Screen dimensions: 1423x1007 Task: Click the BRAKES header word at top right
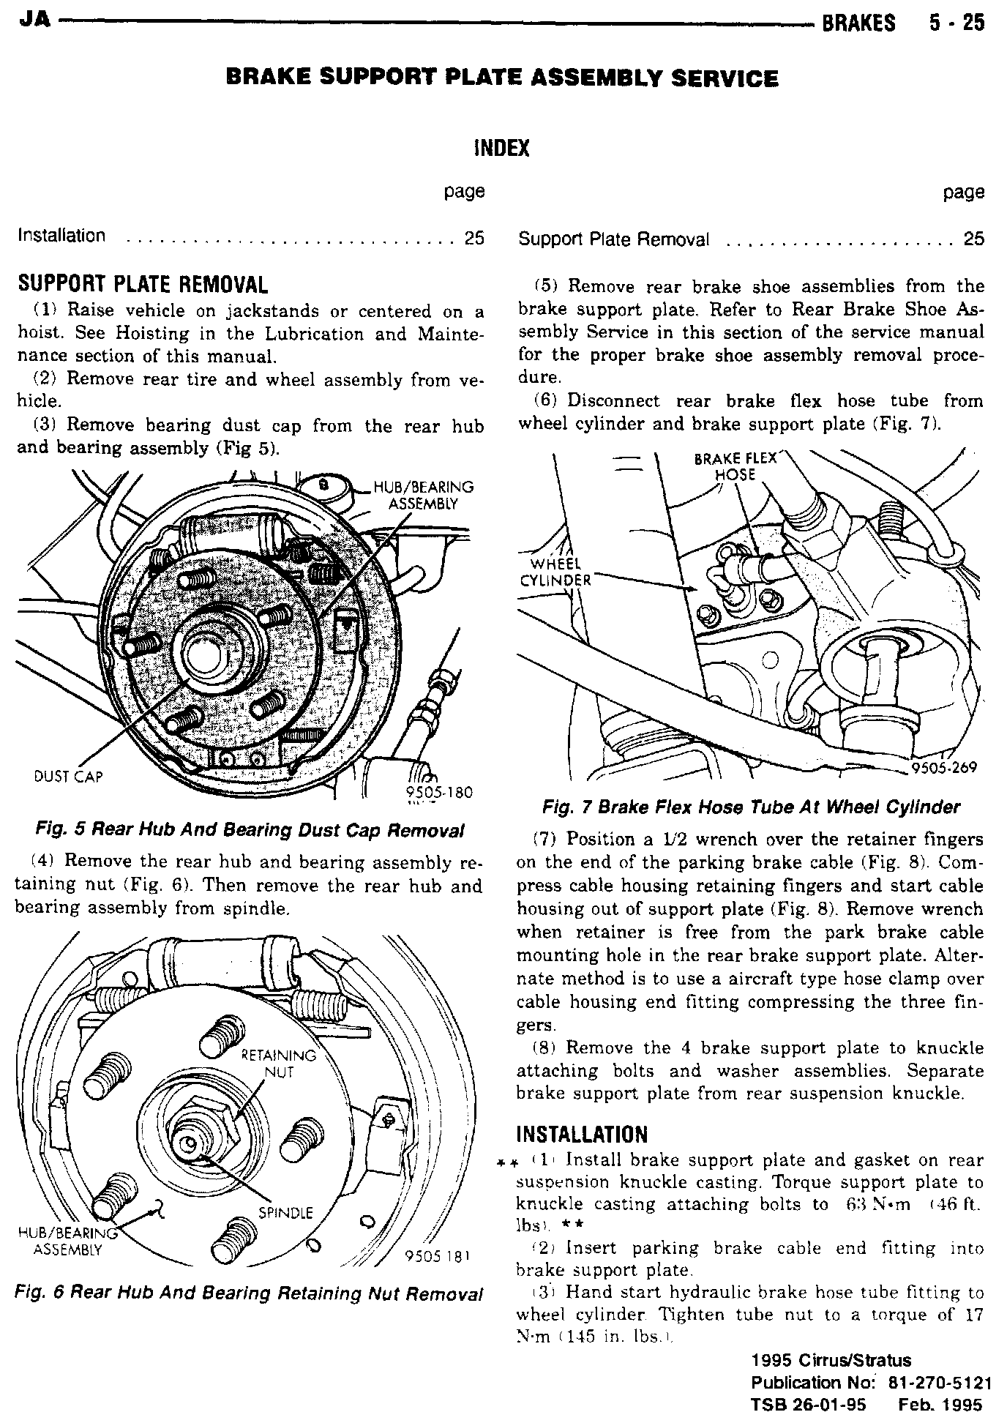[858, 23]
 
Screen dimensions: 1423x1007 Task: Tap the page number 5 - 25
[957, 23]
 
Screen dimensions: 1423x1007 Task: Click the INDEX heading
[502, 149]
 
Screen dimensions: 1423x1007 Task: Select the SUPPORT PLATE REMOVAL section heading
[143, 284]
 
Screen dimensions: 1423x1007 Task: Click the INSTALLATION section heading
[582, 1135]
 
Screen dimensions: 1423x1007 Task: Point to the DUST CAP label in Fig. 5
[69, 776]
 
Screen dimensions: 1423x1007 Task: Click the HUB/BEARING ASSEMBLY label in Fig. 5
[424, 495]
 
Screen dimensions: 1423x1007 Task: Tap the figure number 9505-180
[438, 792]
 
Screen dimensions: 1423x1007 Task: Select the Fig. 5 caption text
[250, 831]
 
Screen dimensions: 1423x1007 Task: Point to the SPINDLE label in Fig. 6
[286, 1213]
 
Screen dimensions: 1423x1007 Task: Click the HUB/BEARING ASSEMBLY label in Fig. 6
[67, 1241]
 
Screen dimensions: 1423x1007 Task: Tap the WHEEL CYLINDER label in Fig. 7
[554, 572]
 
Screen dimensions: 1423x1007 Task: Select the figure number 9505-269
[944, 768]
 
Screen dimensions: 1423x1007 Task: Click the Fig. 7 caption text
[750, 807]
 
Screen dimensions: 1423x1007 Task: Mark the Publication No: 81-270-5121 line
[871, 1383]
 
